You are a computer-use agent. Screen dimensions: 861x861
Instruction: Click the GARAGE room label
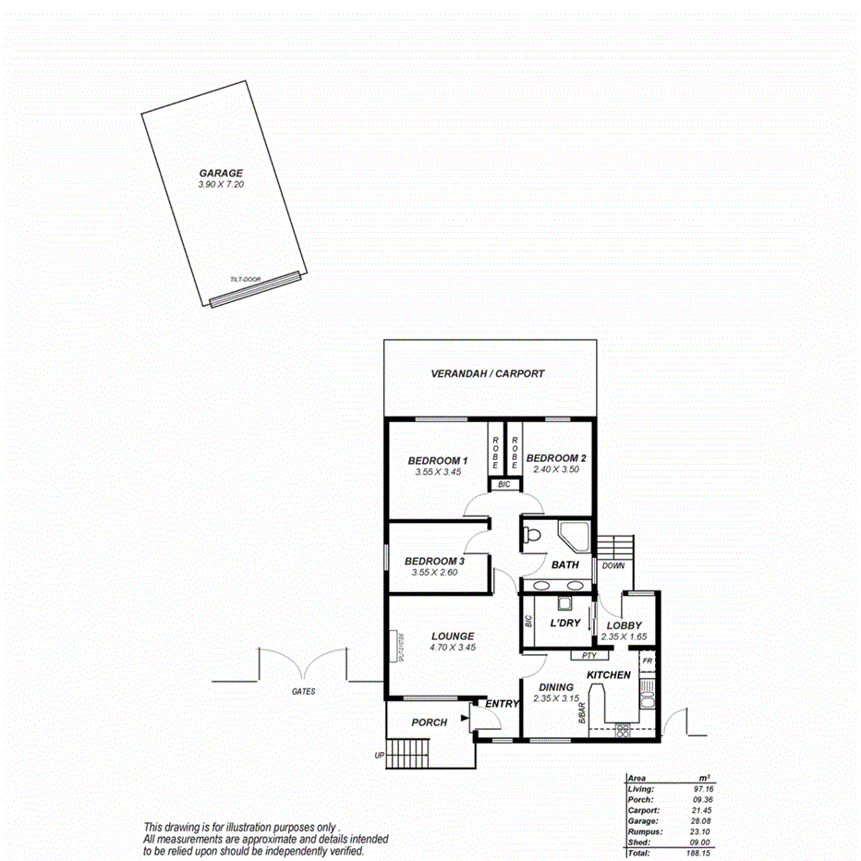pos(221,173)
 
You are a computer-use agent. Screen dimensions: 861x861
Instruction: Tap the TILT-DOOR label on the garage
pos(245,279)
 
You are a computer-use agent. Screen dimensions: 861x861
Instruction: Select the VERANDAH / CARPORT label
pos(488,374)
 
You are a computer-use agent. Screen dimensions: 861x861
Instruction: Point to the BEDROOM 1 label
pos(438,460)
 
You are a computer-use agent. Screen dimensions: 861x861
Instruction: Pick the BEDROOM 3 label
pos(434,561)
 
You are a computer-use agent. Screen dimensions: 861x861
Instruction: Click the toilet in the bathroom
pos(531,535)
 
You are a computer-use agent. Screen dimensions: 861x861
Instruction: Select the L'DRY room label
pos(564,624)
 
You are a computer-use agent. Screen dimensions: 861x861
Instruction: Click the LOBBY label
pos(624,626)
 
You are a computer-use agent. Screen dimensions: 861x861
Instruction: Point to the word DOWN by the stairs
pos(612,565)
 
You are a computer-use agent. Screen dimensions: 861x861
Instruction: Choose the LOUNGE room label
pos(453,636)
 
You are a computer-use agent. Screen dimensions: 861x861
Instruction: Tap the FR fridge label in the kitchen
pos(648,662)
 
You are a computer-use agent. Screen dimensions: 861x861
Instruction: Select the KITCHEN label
pos(609,675)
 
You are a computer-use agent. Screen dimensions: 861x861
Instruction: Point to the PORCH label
pos(430,722)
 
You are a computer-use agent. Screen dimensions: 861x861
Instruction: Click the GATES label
pos(303,691)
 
